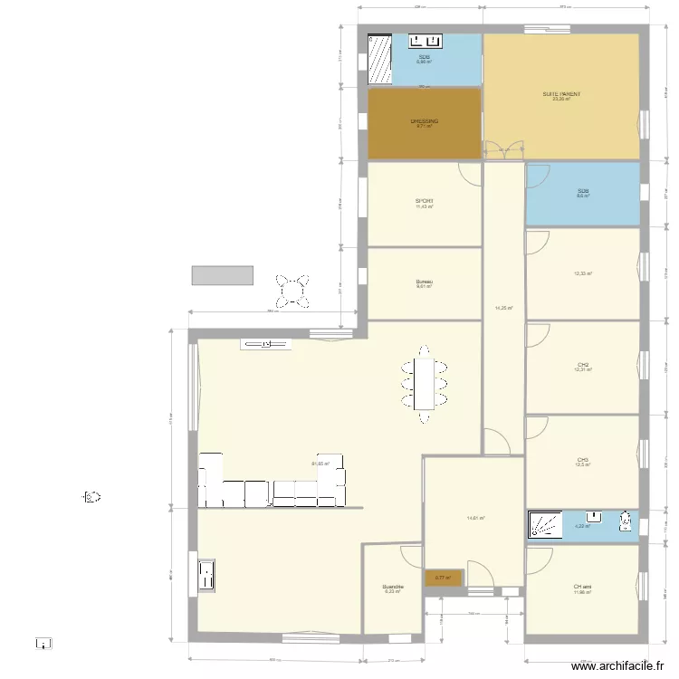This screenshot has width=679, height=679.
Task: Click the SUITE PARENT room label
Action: (561, 94)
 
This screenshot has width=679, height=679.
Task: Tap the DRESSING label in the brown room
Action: (424, 121)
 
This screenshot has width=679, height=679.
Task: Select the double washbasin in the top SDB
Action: (424, 41)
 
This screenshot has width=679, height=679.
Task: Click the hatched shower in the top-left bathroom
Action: (379, 60)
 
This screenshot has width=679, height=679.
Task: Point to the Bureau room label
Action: (424, 282)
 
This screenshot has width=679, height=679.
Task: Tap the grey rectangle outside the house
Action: (222, 275)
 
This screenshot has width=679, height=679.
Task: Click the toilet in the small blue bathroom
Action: (625, 521)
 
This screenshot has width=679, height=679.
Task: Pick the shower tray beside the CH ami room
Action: (546, 525)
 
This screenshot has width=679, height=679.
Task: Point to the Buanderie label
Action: (392, 587)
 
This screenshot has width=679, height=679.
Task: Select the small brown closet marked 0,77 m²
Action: (444, 578)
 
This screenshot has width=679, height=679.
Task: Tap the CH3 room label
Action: (582, 460)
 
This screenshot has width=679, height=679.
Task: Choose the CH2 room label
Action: (583, 365)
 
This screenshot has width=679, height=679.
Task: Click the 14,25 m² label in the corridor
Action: (504, 308)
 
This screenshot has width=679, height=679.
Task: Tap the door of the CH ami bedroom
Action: (538, 557)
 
